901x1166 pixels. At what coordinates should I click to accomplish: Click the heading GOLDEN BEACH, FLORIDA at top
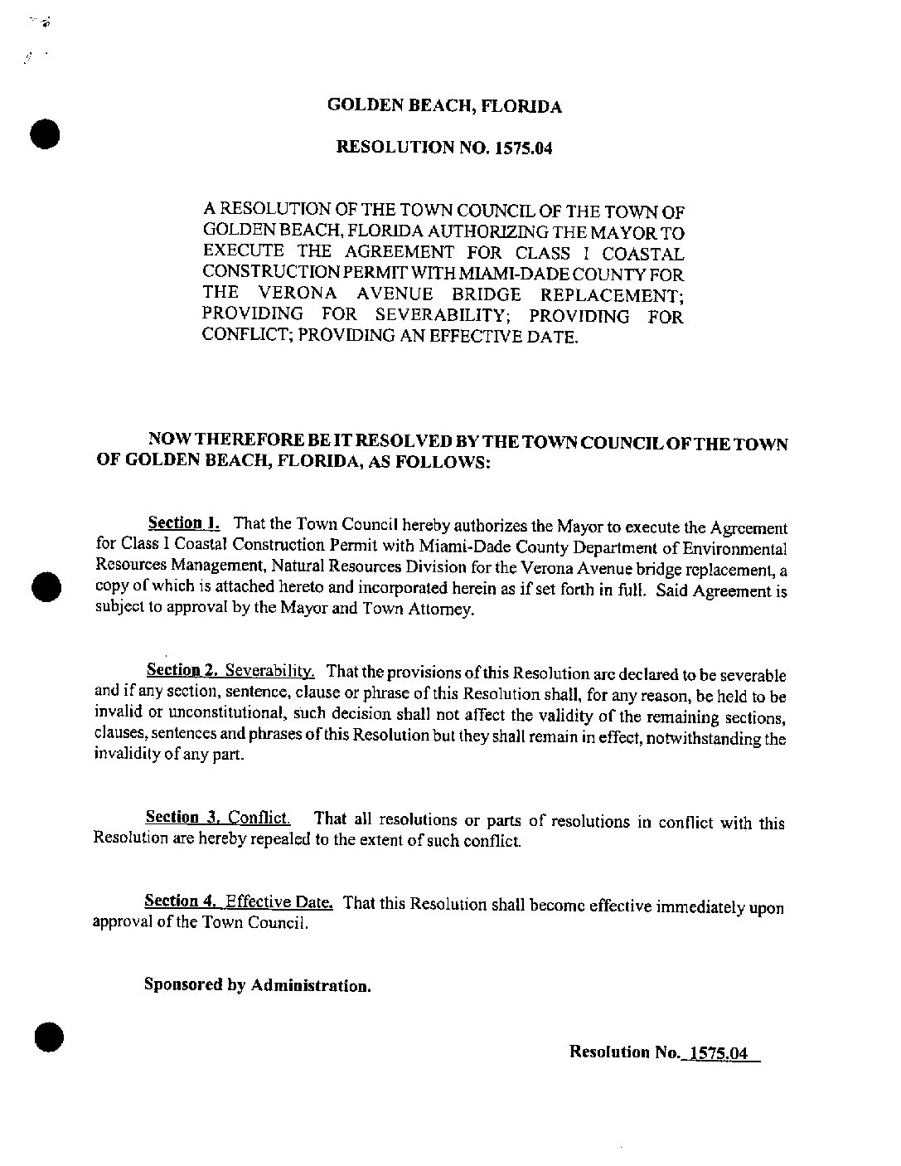pyautogui.click(x=444, y=106)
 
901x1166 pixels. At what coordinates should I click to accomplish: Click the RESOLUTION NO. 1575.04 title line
pyautogui.click(x=443, y=148)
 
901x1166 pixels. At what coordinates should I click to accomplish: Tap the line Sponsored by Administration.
pyautogui.click(x=257, y=985)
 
